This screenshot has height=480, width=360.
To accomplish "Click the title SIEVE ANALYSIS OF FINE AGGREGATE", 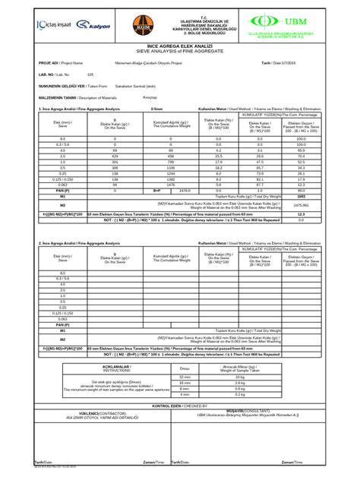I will click(x=178, y=52).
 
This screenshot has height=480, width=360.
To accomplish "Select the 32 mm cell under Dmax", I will click(x=185, y=377).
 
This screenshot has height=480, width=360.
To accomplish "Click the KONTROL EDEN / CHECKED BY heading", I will click(x=180, y=407).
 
